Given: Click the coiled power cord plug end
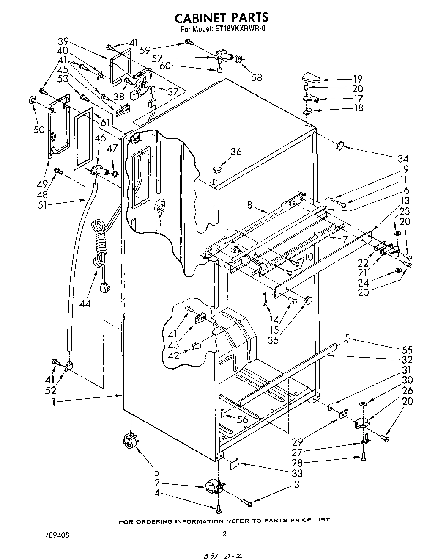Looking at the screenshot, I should click(x=103, y=289).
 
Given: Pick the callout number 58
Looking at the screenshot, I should click(x=256, y=77).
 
